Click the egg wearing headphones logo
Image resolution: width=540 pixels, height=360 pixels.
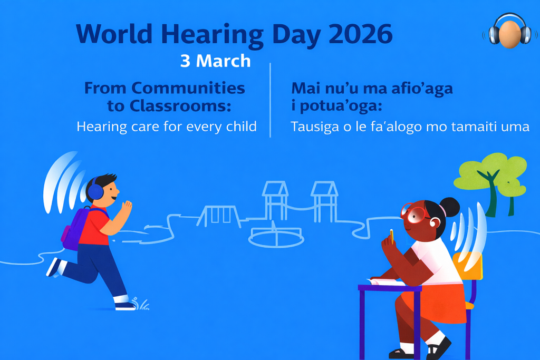pos(510,31)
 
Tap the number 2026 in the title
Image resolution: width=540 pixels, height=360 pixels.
pos(361,34)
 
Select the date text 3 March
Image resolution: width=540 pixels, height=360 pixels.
pos(216,61)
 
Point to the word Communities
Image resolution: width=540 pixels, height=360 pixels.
pos(188,88)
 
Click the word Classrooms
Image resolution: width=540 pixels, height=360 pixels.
pos(180,105)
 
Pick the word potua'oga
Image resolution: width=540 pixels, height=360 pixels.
pos(341,106)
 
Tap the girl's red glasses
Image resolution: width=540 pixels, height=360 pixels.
pos(414,213)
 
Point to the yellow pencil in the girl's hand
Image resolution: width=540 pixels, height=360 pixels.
pos(392,237)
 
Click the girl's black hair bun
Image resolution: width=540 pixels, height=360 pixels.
pos(449,207)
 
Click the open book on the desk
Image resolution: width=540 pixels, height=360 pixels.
pos(385,282)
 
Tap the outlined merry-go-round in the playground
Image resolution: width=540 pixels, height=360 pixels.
pos(276,236)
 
